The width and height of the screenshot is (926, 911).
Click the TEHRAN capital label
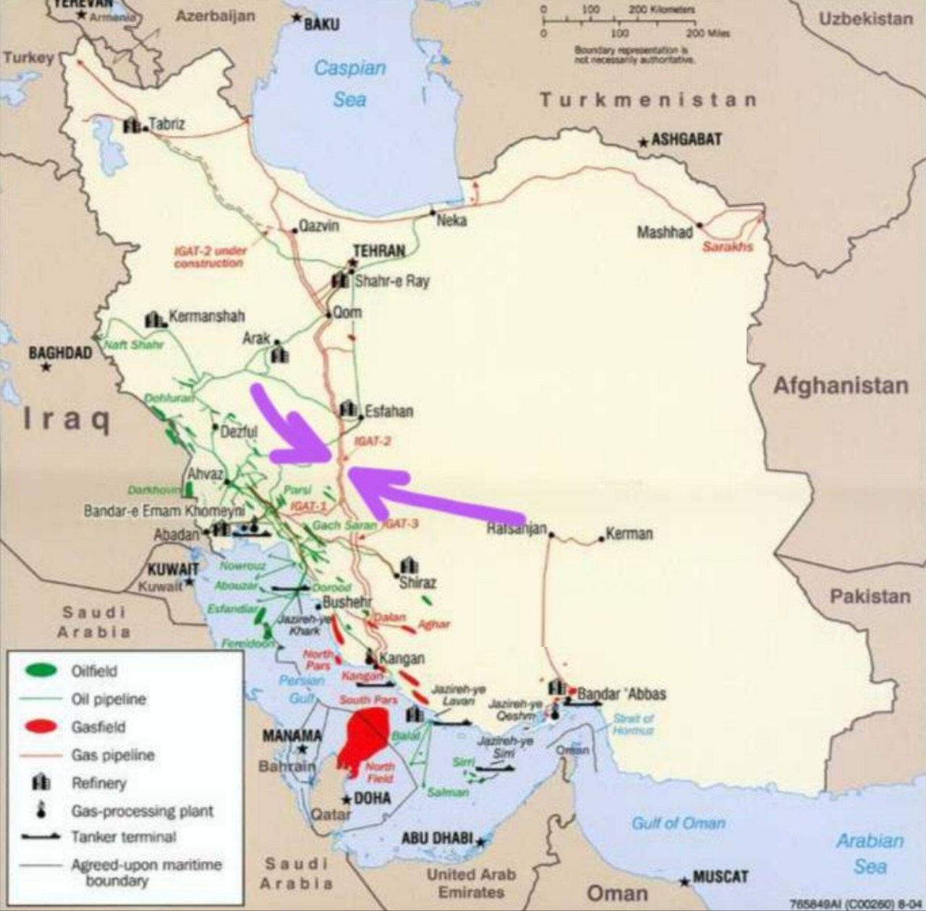379,251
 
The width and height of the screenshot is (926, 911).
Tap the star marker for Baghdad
46,368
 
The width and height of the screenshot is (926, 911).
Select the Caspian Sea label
349,83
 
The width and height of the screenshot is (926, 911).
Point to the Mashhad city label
664,232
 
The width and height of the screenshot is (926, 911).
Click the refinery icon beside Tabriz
132,126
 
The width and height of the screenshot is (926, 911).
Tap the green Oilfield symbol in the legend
41,671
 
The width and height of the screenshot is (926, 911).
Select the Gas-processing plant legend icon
41,810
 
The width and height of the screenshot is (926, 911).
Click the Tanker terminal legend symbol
41,837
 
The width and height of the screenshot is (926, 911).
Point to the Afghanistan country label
841,386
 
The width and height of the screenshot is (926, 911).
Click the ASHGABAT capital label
686,140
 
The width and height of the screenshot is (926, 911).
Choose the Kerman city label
629,534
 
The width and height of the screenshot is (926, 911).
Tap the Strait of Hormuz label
633,724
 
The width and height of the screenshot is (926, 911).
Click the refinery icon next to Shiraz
409,565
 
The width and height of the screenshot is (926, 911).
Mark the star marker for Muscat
684,881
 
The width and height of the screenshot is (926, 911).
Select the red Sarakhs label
727,247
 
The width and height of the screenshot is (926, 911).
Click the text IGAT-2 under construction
210,257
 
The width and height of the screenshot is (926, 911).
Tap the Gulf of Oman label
678,823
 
